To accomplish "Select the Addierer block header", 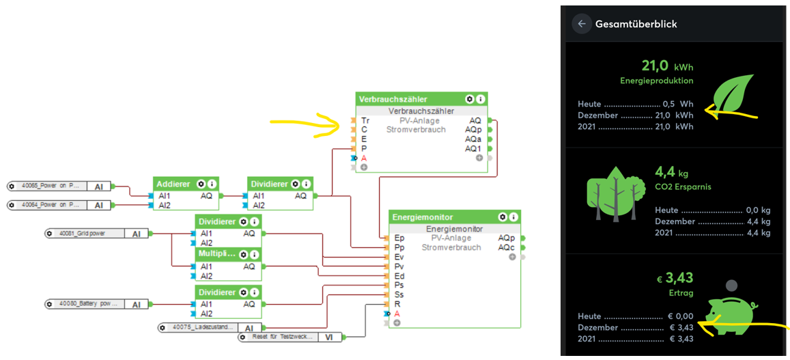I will click(x=173, y=184).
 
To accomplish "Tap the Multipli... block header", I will click(x=216, y=253).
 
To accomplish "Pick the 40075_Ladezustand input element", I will click(x=201, y=328).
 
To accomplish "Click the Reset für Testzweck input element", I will click(x=280, y=337).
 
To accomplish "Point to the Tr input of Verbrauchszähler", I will click(x=365, y=120).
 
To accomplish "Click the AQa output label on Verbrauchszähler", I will click(x=473, y=139).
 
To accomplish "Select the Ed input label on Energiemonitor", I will click(x=399, y=276).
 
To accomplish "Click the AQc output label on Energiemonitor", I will click(x=506, y=247).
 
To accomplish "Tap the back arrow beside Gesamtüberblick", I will click(x=582, y=24).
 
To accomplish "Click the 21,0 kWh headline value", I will click(x=666, y=66).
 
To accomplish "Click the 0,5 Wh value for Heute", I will click(x=677, y=105).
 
